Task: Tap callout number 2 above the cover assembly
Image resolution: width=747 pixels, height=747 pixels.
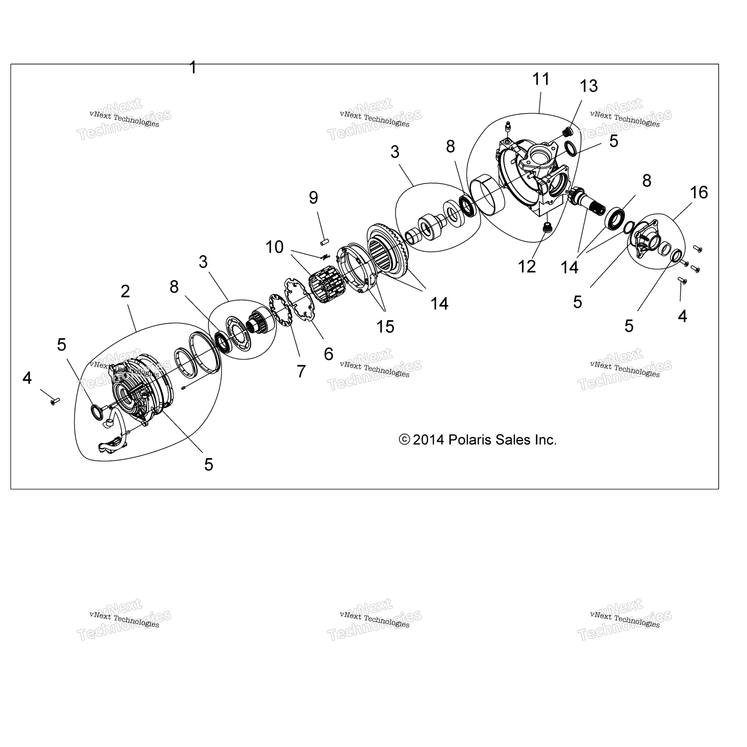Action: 125,292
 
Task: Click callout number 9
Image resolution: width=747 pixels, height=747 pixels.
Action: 314,198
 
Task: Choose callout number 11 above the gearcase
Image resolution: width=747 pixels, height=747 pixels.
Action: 541,79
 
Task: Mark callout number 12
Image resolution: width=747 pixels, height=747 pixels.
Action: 527,267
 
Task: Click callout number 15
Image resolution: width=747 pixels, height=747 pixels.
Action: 385,327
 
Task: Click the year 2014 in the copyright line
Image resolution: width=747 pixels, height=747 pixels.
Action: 428,440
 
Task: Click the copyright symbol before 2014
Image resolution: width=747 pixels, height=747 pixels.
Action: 404,440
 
